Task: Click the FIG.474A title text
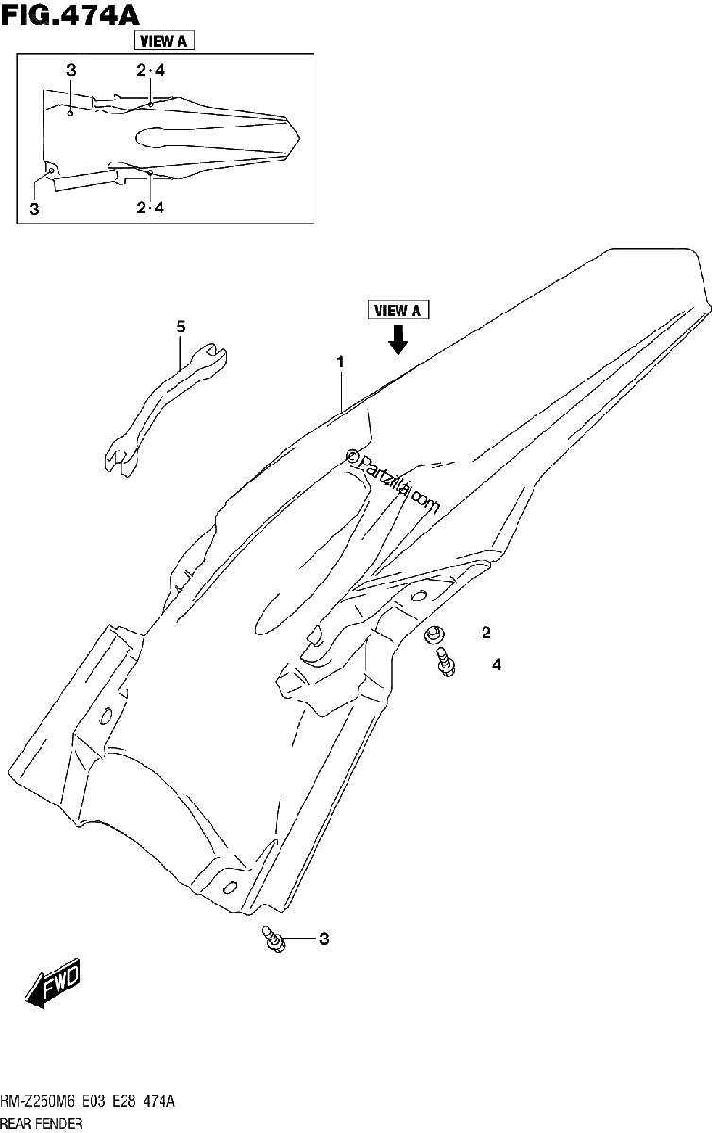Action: click(70, 15)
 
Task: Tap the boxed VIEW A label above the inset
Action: click(163, 41)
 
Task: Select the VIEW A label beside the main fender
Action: click(398, 310)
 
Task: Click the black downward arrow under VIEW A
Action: click(398, 339)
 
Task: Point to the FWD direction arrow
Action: click(53, 983)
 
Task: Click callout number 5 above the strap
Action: click(180, 327)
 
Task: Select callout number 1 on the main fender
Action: click(341, 363)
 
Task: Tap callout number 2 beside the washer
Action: click(486, 633)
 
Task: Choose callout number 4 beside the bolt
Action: click(497, 665)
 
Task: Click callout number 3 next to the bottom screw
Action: click(324, 939)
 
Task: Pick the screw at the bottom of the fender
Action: click(273, 940)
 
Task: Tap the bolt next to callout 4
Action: click(446, 661)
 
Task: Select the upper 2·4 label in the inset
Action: click(150, 72)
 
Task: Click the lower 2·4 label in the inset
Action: click(150, 208)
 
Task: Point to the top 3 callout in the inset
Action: click(71, 70)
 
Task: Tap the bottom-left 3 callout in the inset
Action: click(34, 209)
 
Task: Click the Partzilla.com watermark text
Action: click(392, 481)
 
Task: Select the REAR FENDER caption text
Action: click(42, 1125)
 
